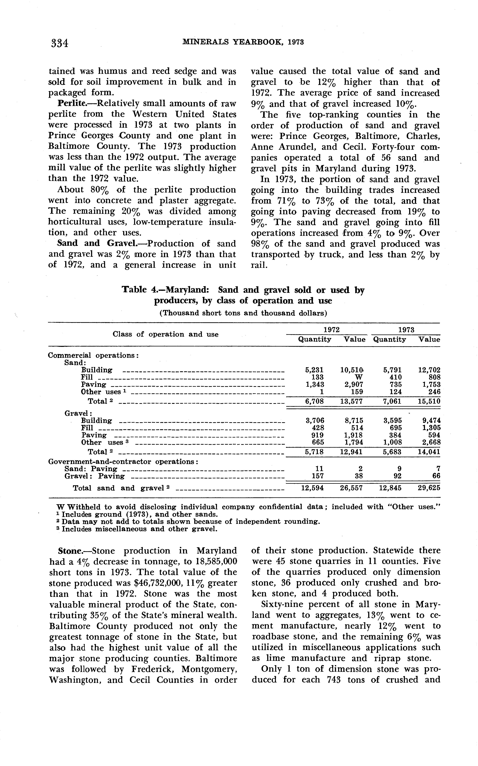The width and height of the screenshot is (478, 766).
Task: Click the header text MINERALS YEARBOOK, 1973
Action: click(243, 42)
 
